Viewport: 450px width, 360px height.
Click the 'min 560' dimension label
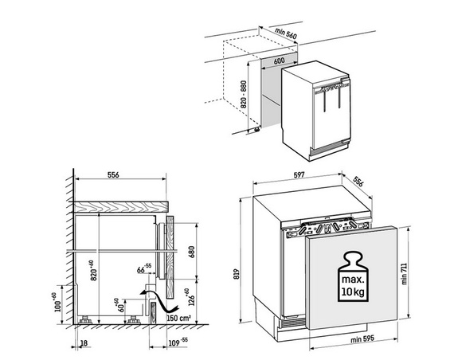(x=286, y=33)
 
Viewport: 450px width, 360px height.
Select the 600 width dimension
(x=279, y=61)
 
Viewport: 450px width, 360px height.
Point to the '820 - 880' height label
(x=244, y=94)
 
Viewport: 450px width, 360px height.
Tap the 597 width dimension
(x=299, y=175)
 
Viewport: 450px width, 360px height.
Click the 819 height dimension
(x=237, y=274)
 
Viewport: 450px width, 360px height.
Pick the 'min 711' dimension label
(x=405, y=273)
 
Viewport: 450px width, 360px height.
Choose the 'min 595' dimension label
(x=362, y=339)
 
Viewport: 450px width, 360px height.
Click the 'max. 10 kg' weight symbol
(x=353, y=276)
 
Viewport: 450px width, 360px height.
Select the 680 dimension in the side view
(x=192, y=252)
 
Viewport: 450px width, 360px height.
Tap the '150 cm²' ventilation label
(x=178, y=318)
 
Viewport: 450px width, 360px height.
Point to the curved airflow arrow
(x=159, y=301)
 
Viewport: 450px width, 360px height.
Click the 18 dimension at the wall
(x=84, y=342)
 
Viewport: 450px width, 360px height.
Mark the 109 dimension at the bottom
(x=178, y=342)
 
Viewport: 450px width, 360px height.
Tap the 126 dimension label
(x=191, y=297)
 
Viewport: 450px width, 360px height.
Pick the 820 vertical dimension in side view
(x=92, y=270)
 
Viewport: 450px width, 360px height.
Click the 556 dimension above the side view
(x=113, y=174)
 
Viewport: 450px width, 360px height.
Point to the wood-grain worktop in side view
(x=120, y=207)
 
